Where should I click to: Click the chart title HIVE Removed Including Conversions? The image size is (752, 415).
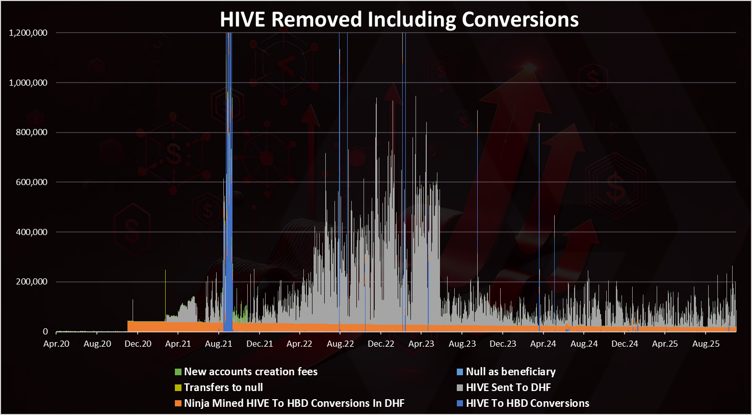[x=399, y=19]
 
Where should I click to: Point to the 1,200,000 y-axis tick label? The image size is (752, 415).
[x=29, y=33]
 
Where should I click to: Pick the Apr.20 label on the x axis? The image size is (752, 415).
[x=56, y=344]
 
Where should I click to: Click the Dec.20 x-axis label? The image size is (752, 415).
[x=138, y=344]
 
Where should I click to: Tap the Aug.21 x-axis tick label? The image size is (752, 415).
[x=219, y=344]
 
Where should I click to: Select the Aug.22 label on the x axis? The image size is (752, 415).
[x=340, y=344]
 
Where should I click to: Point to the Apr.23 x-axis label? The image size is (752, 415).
[x=422, y=344]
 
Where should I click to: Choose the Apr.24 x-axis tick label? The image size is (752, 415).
[x=543, y=344]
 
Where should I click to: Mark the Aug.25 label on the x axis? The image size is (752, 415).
[x=706, y=344]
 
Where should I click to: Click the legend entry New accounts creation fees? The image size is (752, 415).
[x=250, y=372]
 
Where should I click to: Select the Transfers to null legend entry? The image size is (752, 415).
[x=223, y=387]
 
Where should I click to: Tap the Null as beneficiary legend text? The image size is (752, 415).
[x=510, y=372]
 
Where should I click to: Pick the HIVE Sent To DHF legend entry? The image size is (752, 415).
[x=508, y=387]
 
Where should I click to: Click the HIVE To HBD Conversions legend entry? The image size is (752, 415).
[x=527, y=403]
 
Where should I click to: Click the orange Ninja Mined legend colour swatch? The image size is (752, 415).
[x=178, y=403]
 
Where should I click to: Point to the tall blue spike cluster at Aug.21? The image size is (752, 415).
[x=228, y=178]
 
